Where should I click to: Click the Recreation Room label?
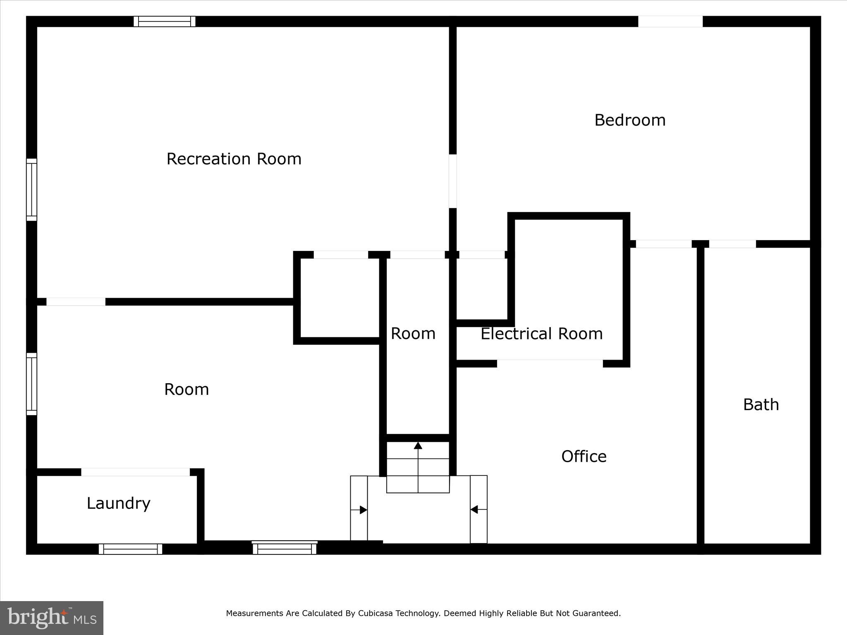234,159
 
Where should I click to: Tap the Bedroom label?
629,120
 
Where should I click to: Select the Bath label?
761,405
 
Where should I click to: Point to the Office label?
584,456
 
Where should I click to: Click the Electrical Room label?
541,334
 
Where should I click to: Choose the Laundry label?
118,503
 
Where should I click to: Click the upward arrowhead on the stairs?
418,446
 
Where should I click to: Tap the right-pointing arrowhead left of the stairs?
363,510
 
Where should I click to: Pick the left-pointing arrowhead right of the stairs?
474,509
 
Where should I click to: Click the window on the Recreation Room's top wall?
164,21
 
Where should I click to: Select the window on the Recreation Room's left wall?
32,190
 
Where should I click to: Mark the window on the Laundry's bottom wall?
130,549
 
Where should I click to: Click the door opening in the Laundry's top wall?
135,472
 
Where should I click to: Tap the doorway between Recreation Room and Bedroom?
453,181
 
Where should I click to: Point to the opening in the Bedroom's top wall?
670,21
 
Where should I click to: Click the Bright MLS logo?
52,618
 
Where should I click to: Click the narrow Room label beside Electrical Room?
413,334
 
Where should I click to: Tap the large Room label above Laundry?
187,389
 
